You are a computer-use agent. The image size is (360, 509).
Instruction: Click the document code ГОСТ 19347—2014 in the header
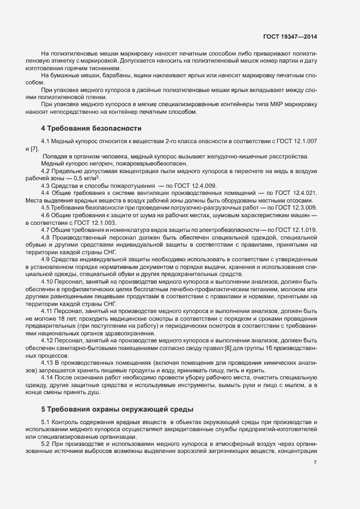coord(289,36)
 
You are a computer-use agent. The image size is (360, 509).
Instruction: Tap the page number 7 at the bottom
coord(315,463)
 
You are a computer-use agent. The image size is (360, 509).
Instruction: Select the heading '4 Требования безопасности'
coord(91,128)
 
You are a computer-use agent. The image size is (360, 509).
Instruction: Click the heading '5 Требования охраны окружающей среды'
coord(117,408)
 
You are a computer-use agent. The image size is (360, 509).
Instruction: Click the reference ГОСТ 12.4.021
coord(296,193)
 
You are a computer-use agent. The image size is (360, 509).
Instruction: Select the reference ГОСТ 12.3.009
coord(296,208)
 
